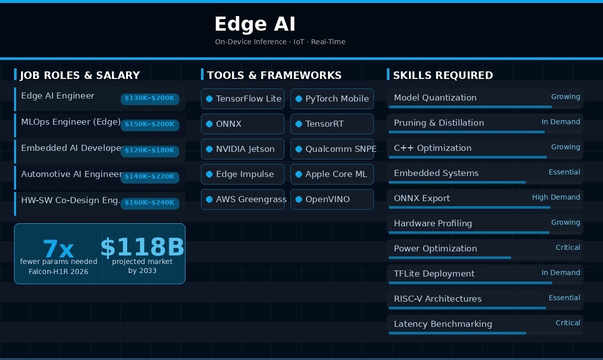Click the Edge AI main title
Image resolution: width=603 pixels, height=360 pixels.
coord(255,24)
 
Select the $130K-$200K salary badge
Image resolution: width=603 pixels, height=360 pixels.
coord(150,99)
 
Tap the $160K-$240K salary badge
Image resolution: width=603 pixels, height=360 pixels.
coord(150,203)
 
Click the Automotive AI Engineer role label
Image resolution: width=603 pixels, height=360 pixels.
coord(72,174)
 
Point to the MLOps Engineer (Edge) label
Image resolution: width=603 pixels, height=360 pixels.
coord(71,122)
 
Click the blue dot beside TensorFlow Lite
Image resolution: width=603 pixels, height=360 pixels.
coord(209,99)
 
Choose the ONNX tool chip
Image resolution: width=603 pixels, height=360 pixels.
coord(243,124)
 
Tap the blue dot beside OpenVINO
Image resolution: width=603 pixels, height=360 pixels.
coord(298,199)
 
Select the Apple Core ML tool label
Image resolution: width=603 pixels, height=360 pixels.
coord(336,174)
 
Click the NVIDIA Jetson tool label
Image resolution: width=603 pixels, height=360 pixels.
coord(245,149)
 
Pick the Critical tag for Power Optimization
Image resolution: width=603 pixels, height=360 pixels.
coord(568,247)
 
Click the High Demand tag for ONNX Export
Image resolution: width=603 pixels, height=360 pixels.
coord(556,198)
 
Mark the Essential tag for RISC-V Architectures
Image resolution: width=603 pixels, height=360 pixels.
coord(564,298)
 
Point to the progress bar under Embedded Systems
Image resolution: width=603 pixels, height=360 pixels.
coord(457,183)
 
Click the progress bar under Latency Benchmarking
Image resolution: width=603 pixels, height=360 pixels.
coord(457,333)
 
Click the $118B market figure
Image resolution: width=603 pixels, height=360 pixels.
coord(142,247)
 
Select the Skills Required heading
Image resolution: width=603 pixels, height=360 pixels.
coord(443,75)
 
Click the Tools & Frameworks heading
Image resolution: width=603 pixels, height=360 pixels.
coord(274,75)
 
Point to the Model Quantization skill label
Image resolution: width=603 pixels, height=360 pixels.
coord(435,98)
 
